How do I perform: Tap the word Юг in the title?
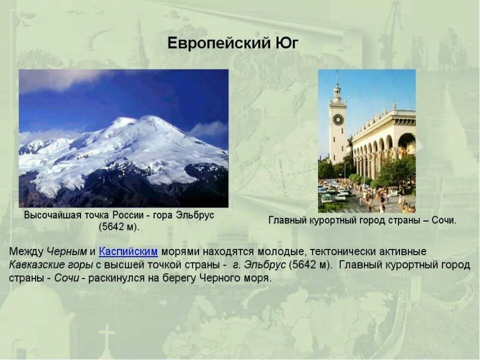pyautogui.click(x=287, y=43)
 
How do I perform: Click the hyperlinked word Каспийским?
pyautogui.click(x=128, y=251)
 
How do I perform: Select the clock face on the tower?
pyautogui.click(x=338, y=119)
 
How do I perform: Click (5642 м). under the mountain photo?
pyautogui.click(x=119, y=226)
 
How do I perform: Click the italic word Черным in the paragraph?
pyautogui.click(x=67, y=251)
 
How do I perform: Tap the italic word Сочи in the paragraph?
pyautogui.click(x=66, y=278)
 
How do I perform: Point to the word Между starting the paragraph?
pyautogui.click(x=26, y=251)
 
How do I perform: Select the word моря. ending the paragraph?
pyautogui.click(x=257, y=278)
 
